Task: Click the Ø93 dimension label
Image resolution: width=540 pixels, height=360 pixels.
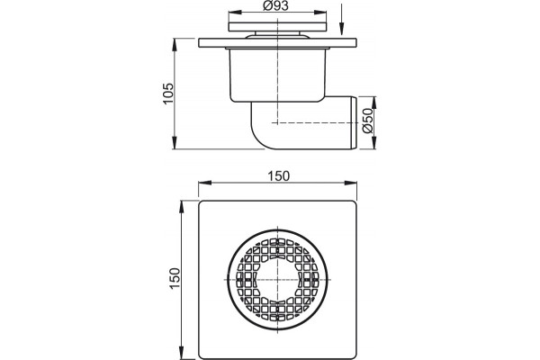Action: tap(275, 6)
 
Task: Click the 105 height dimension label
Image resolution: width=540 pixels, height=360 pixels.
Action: tap(168, 94)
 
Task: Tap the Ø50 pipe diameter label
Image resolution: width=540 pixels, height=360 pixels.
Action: tap(368, 121)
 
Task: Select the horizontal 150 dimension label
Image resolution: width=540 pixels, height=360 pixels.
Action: tap(279, 176)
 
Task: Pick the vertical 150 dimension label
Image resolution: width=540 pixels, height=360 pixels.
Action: tap(175, 278)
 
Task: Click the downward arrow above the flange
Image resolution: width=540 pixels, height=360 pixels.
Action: tap(341, 20)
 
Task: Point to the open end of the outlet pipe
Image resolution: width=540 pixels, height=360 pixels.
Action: tap(355, 122)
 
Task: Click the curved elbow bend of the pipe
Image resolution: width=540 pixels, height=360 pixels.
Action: tap(259, 134)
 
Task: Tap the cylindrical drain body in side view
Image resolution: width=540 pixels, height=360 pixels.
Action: tap(277, 75)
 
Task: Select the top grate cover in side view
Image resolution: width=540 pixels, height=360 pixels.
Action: tap(277, 27)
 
